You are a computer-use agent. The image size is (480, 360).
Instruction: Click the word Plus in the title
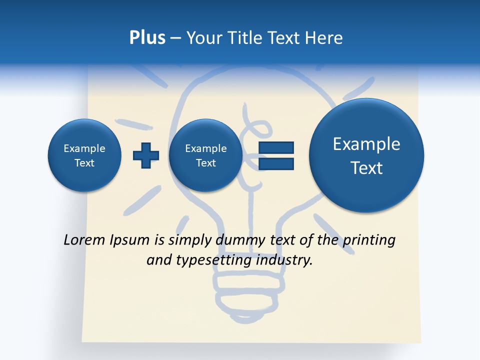[x=147, y=38]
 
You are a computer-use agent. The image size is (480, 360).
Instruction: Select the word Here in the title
[x=324, y=38]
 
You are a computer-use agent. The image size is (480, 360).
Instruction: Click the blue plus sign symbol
[x=146, y=155]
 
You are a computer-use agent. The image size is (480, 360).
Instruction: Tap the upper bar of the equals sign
[x=276, y=147]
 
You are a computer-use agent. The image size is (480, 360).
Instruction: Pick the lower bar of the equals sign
[x=276, y=163]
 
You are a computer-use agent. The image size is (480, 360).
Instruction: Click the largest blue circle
[x=366, y=155]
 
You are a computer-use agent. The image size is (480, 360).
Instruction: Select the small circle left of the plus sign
[x=84, y=155]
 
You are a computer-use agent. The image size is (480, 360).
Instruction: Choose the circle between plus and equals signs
[x=206, y=155]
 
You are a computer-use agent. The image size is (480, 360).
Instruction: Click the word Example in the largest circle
[x=366, y=144]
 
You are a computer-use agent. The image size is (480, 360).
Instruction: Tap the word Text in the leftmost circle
[x=84, y=163]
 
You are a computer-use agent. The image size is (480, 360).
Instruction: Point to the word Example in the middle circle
[x=206, y=148]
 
